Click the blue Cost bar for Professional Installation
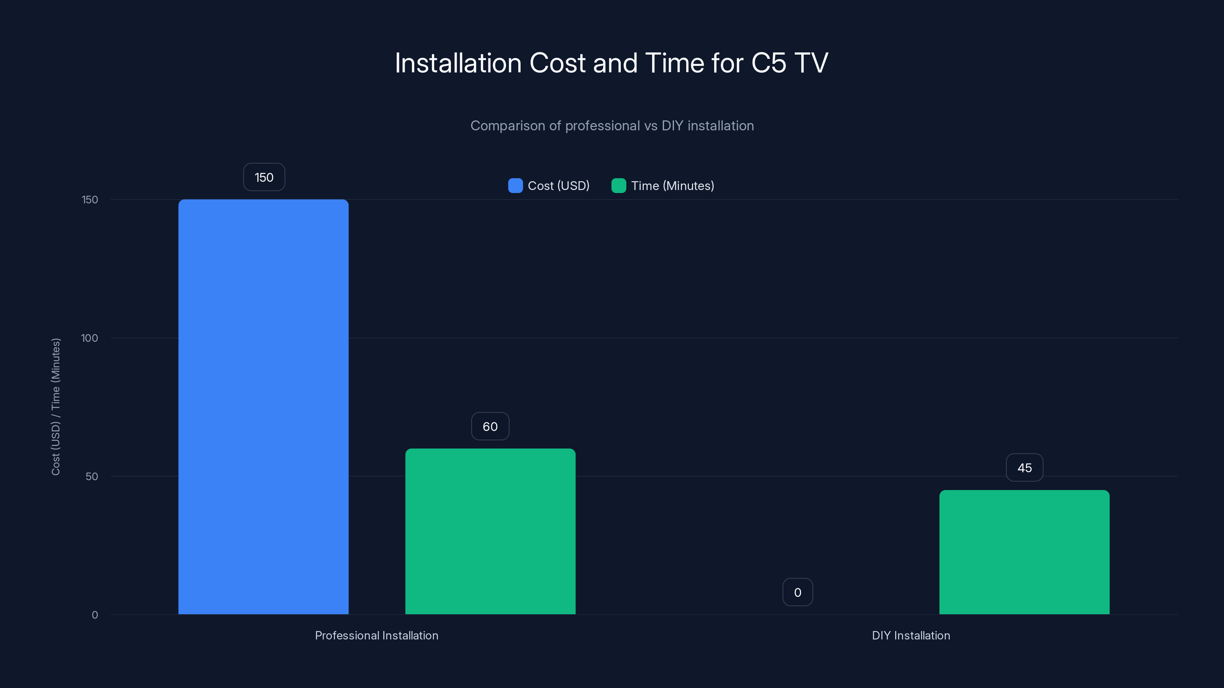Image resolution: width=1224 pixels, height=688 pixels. [x=263, y=406]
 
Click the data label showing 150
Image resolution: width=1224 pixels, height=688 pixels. [x=264, y=177]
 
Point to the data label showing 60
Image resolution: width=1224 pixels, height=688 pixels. [x=490, y=427]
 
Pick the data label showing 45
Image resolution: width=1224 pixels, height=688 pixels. [x=1024, y=468]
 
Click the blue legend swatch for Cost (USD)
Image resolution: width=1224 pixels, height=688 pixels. [x=515, y=186]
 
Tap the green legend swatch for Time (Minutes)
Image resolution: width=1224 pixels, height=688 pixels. [x=619, y=186]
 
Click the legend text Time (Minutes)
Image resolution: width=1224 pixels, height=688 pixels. [x=672, y=186]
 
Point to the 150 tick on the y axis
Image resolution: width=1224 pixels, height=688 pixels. [x=90, y=200]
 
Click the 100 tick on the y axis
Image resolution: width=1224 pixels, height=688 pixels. [x=90, y=338]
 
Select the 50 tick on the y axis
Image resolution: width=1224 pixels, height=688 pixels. [x=92, y=476]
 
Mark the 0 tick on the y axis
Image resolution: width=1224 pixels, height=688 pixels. [x=94, y=615]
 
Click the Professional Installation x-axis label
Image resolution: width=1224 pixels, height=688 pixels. [x=376, y=635]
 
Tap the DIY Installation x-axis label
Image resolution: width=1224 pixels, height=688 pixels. [x=910, y=635]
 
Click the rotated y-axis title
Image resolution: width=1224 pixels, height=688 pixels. [x=55, y=406]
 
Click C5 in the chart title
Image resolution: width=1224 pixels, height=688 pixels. [x=768, y=63]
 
